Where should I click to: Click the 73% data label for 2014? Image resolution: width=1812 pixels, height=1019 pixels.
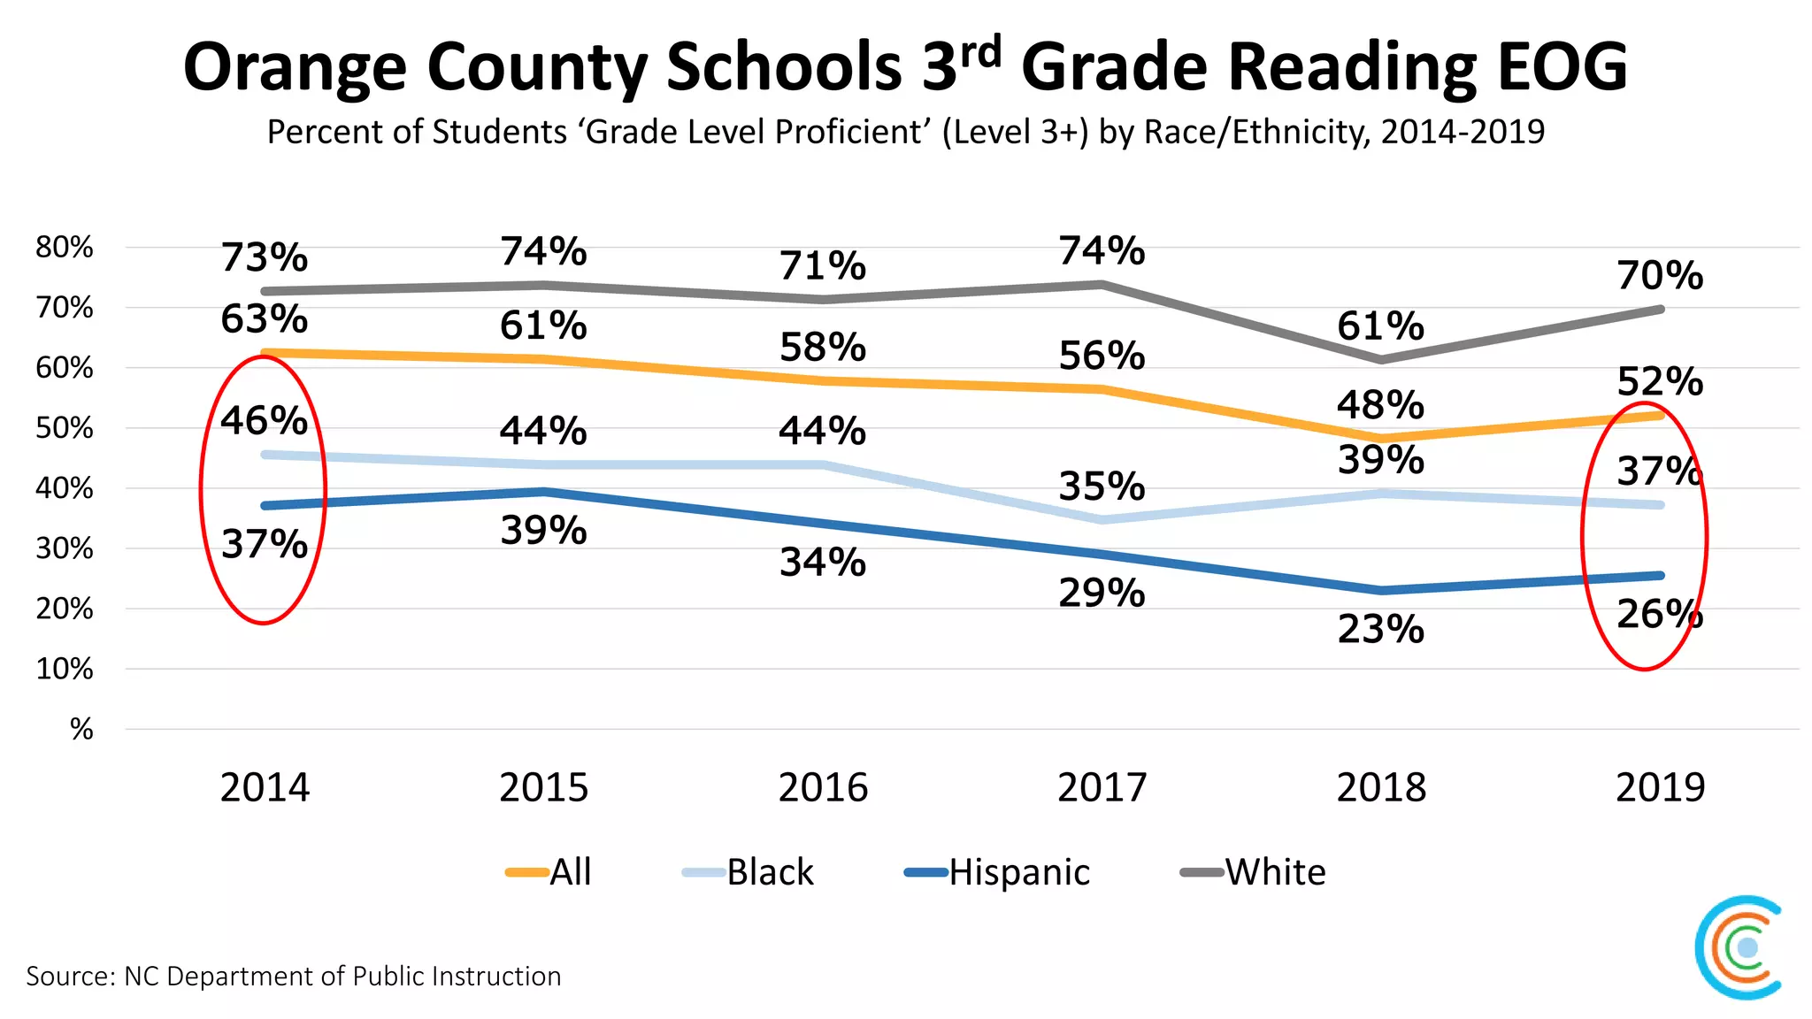[x=264, y=258]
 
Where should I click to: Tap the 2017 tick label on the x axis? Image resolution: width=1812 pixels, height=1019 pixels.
[x=1102, y=787]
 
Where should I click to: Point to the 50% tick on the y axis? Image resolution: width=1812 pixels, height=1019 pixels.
[x=64, y=428]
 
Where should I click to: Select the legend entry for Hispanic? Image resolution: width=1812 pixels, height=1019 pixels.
[x=997, y=872]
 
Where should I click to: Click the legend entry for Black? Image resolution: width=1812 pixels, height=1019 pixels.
[x=748, y=872]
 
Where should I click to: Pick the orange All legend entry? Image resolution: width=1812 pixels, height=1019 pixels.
[x=549, y=872]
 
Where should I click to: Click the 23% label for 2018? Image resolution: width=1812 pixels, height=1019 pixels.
[x=1380, y=630]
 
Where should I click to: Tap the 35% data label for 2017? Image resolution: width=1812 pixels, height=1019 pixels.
[x=1102, y=487]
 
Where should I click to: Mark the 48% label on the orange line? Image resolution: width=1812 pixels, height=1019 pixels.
[x=1380, y=405]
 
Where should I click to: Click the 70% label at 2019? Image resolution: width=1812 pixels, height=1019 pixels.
[x=1660, y=276]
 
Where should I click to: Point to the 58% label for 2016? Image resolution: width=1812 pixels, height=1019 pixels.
[x=822, y=348]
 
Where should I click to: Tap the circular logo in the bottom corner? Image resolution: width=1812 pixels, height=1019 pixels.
[x=1739, y=947]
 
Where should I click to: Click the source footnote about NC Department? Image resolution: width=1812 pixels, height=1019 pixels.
[x=294, y=976]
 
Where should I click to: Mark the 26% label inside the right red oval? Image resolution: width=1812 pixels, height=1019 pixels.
[x=1659, y=615]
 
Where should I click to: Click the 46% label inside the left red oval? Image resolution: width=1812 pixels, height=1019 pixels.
[x=264, y=421]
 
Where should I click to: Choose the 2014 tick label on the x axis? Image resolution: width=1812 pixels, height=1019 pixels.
[x=265, y=787]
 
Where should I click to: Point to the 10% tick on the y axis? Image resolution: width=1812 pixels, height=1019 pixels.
[x=64, y=669]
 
